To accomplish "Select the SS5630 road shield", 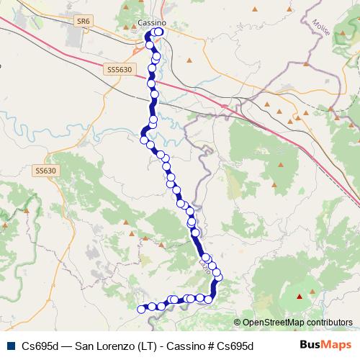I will coord(119,70).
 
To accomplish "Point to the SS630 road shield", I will coord(45,171).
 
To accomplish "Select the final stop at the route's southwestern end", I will coord(141,309).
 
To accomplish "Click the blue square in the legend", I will coord(9,345).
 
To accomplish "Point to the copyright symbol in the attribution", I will coord(238,323).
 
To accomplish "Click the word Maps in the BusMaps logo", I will coord(336,345).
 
